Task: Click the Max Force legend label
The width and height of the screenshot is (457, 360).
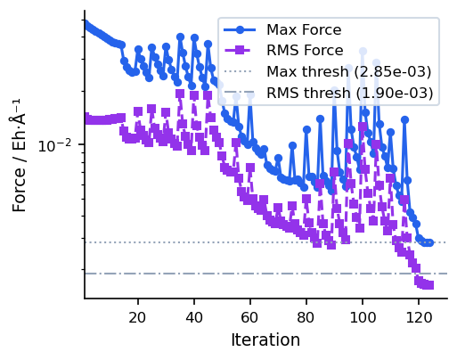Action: click(x=303, y=30)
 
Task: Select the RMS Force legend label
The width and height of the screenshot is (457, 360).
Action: click(x=304, y=51)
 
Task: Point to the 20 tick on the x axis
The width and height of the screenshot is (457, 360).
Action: click(x=138, y=318)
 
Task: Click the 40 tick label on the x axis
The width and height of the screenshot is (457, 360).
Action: click(x=194, y=318)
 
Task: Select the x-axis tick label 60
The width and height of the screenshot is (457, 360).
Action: click(x=250, y=318)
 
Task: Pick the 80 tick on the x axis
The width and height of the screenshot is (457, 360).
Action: click(x=306, y=318)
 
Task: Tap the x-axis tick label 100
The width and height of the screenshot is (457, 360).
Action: click(x=363, y=318)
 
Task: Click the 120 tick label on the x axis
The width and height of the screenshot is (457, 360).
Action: click(x=419, y=318)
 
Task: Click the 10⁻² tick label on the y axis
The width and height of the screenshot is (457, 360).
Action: click(x=59, y=145)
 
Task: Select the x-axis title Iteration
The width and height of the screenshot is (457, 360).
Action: click(x=265, y=340)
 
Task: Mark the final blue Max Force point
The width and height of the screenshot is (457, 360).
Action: click(x=429, y=242)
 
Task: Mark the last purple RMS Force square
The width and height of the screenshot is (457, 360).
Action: click(x=429, y=285)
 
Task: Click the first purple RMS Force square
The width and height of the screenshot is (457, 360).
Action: click(x=86, y=118)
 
